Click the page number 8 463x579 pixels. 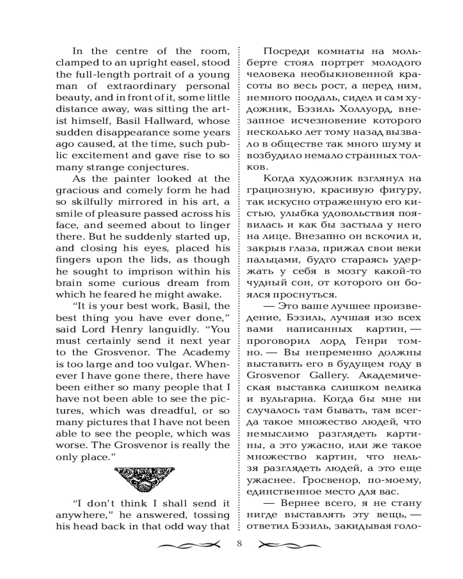tap(240, 544)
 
